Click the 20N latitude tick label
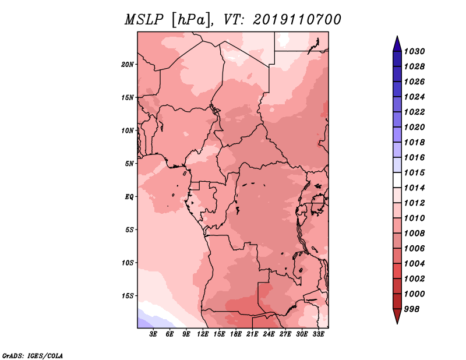coord(128,65)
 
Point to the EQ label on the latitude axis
coord(129,197)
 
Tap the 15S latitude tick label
coord(128,296)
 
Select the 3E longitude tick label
coord(153,334)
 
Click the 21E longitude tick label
coord(252,334)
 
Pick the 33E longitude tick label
coord(318,334)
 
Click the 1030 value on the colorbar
coord(415,51)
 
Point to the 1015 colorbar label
coord(415,172)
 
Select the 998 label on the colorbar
coord(412,309)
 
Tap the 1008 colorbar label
coord(415,234)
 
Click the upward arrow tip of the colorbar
coord(397,36)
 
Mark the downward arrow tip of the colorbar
coord(397,323)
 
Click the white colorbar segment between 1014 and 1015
coord(397,180)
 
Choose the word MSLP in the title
coord(144,20)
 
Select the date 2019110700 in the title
coord(297,20)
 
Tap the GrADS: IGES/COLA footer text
coord(33,355)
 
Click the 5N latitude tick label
coord(129,164)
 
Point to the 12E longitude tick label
coord(203,334)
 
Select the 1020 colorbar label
coord(415,127)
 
